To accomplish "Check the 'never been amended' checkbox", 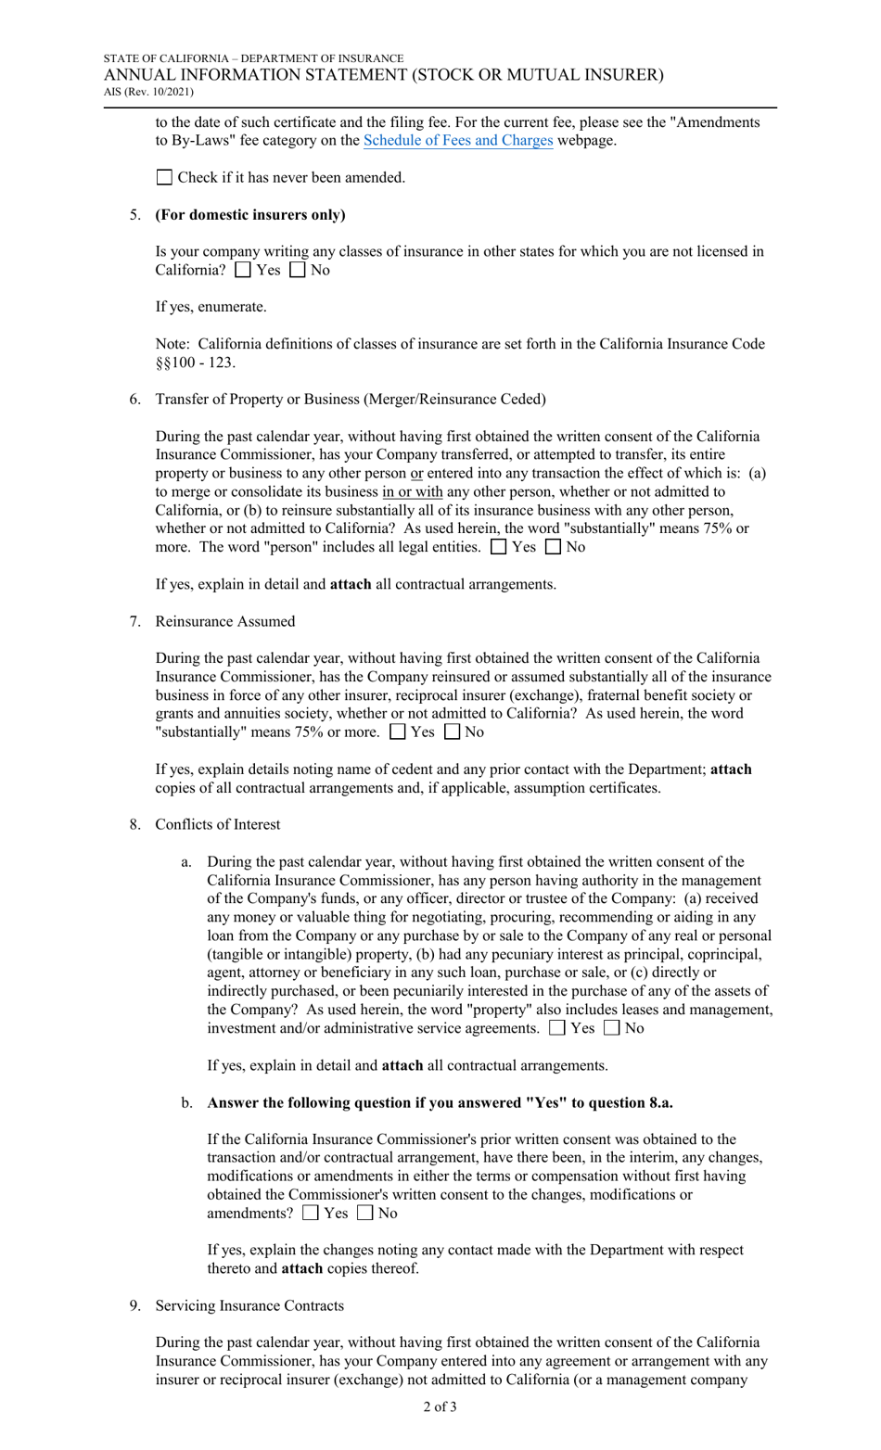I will pos(164,177).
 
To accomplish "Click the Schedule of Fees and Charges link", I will pos(458,141).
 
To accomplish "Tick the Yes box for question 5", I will pos(243,270).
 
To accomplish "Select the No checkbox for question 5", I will pos(297,270).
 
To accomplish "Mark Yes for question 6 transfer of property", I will pos(498,547).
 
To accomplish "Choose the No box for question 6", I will pos(553,547).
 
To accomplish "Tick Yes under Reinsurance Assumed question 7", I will pos(398,732).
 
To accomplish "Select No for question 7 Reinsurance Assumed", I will pos(452,732).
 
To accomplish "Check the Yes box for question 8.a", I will pos(557,1028).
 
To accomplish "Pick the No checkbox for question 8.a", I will pos(611,1028).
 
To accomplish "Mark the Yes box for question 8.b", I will pos(311,1213).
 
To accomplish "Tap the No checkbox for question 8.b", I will pos(364,1213).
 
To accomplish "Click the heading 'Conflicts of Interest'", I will pos(217,824).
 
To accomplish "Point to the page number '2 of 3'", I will pos(440,1406).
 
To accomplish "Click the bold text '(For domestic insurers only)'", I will pos(250,214).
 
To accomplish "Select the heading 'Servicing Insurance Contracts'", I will pos(249,1305).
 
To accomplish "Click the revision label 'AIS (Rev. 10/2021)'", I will pos(148,91).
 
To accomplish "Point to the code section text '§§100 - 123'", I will pos(195,362).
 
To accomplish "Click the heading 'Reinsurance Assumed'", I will pos(224,621).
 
